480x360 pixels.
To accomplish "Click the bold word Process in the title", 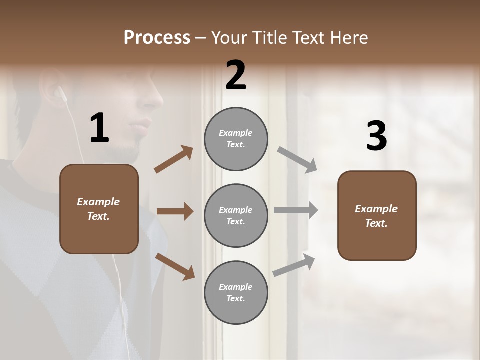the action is (157, 38).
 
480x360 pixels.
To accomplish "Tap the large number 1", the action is (99, 128).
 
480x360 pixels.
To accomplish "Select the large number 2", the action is (236, 75).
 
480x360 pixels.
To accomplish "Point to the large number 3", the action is (376, 137).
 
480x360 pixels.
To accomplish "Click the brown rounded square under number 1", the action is (99, 209).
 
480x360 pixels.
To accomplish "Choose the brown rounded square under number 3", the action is (377, 215).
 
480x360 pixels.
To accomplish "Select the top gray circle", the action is (236, 139).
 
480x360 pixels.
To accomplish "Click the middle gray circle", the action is (236, 215).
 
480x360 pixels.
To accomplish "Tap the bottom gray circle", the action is (236, 292).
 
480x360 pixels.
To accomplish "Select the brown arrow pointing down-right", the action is (175, 266).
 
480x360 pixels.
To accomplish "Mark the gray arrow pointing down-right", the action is (297, 160).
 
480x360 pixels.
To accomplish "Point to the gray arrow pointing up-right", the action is (294, 265).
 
